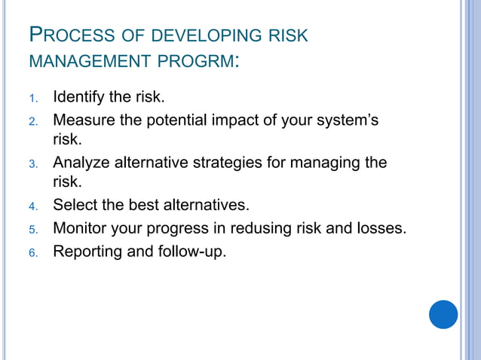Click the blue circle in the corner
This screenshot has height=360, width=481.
[x=443, y=314]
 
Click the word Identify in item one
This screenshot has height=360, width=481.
[x=80, y=98]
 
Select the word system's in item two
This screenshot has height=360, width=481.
[x=347, y=120]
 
